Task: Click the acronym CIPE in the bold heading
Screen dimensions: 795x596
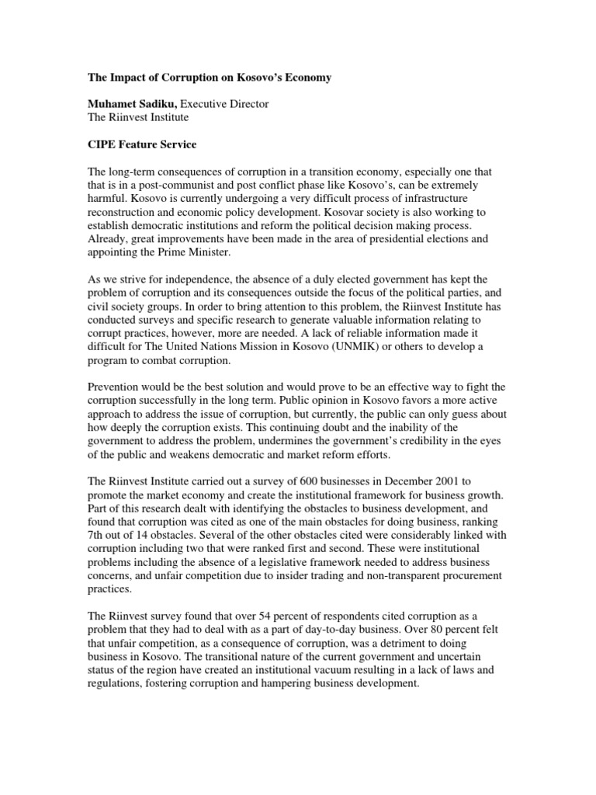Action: (x=103, y=144)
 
